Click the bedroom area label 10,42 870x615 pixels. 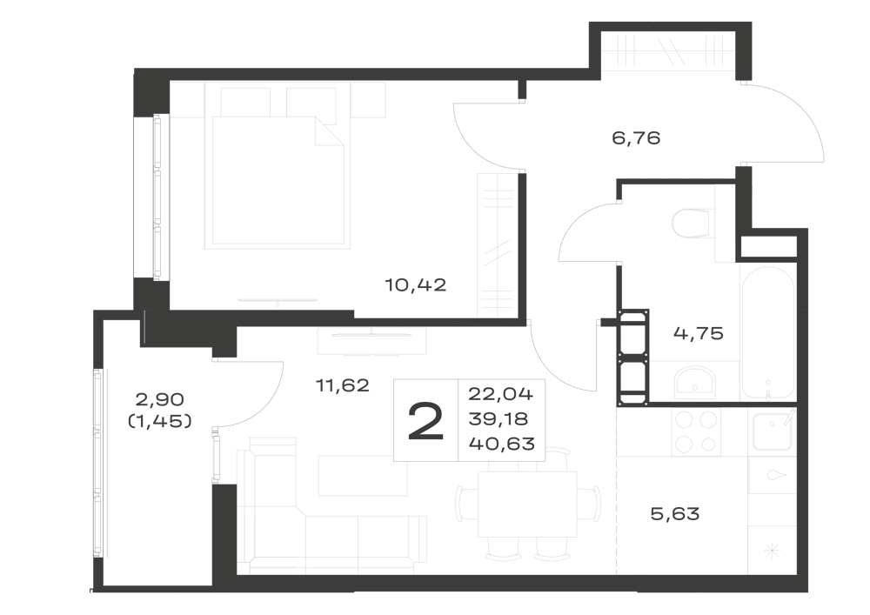point(416,285)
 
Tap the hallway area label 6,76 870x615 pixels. point(636,137)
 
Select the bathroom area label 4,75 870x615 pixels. point(698,333)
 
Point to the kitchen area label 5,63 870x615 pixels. point(675,514)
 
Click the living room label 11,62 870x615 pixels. point(342,384)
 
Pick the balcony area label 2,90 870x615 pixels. point(160,399)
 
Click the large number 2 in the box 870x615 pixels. point(425,422)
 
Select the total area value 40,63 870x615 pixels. point(502,444)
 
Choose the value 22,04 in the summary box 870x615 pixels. point(500,394)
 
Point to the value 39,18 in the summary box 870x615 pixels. point(499,418)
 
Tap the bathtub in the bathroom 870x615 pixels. point(768,333)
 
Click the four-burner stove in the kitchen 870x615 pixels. point(696,431)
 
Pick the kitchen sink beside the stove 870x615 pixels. point(773,431)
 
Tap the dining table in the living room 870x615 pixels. point(527,504)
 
